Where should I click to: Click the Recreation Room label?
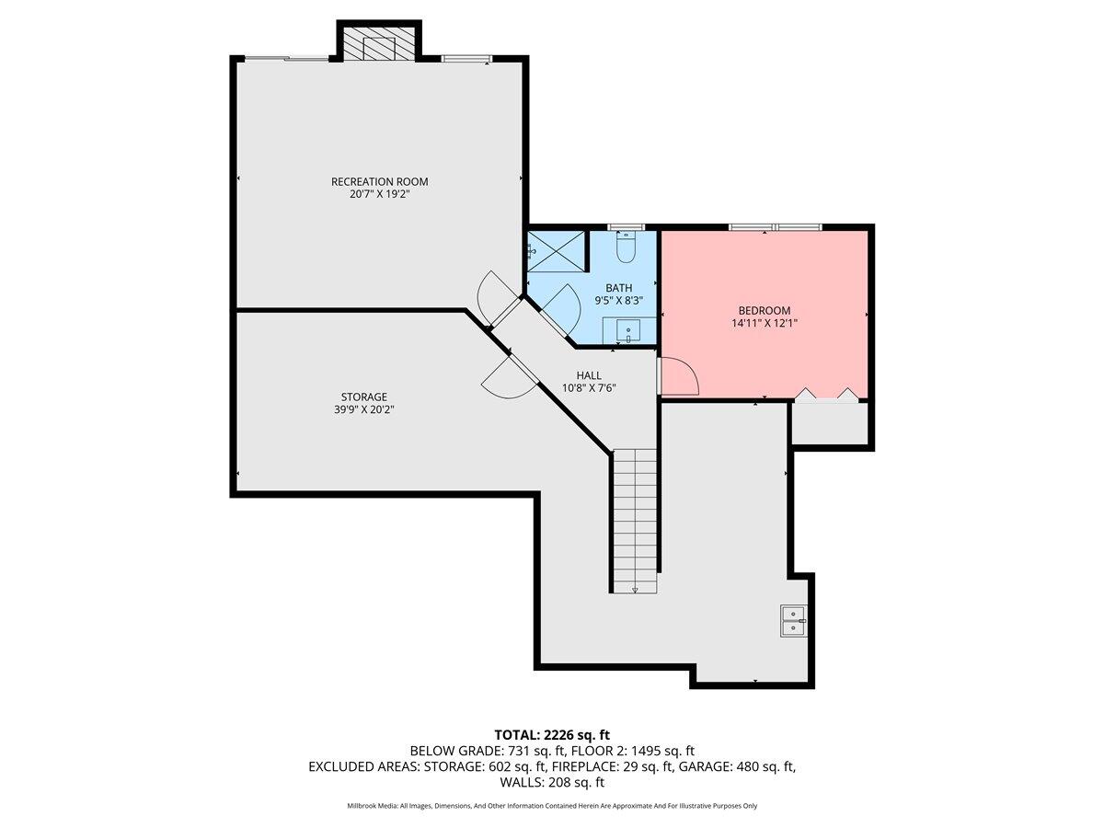coord(379,181)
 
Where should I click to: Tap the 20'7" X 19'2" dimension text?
coord(379,194)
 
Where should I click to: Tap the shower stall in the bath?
coord(556,250)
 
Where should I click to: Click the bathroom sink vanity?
coord(629,330)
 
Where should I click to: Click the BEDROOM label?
coord(764,311)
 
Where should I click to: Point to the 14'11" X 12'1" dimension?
coord(764,324)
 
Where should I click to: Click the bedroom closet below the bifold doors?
coord(830,423)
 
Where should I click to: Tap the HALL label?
coord(589,375)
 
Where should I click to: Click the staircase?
coord(635,520)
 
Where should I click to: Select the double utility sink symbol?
coord(792,621)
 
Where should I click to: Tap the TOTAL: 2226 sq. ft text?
coord(551,734)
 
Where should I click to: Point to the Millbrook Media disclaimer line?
coord(551,806)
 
